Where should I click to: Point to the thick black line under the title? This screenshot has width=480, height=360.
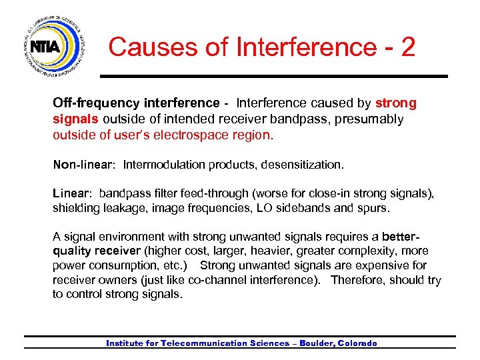point(273,76)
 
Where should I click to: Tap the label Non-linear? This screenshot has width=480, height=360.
point(85,164)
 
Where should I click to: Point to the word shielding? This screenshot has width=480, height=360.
point(76,208)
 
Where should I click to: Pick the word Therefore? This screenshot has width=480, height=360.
point(359,280)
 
